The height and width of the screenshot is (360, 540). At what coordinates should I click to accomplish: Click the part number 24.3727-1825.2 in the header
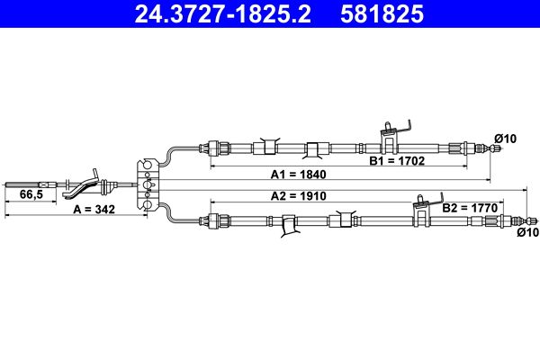(222, 13)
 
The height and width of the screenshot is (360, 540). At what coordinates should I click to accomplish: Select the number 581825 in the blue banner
(382, 13)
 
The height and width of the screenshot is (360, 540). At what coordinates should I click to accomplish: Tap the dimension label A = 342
(94, 209)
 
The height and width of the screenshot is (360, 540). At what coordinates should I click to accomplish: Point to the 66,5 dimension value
(31, 194)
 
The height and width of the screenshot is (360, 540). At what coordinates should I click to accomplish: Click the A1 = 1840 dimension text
(298, 175)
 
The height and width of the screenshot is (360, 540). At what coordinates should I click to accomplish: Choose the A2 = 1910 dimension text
(298, 196)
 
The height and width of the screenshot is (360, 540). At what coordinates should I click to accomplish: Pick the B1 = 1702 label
(397, 160)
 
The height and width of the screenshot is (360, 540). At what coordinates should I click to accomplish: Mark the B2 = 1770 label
(470, 208)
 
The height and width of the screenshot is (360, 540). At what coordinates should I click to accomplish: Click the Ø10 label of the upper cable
(506, 139)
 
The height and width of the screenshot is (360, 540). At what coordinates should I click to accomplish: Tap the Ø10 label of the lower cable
(528, 232)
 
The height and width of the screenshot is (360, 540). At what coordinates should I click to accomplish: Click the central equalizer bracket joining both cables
(148, 184)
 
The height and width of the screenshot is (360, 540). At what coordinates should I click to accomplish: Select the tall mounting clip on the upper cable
(395, 138)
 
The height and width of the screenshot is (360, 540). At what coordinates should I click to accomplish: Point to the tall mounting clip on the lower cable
(427, 210)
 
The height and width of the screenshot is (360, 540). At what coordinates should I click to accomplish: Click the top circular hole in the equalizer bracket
(148, 165)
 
